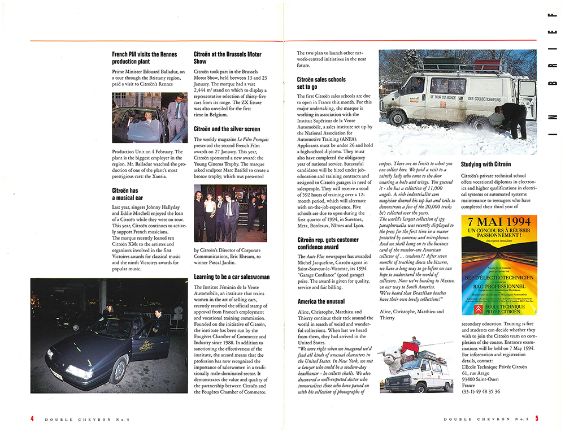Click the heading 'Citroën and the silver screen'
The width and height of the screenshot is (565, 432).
pyautogui.click(x=227, y=129)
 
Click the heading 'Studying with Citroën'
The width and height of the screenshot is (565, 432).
pyautogui.click(x=486, y=165)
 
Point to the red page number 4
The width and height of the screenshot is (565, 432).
pyautogui.click(x=32, y=418)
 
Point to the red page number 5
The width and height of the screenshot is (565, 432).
pyautogui.click(x=537, y=418)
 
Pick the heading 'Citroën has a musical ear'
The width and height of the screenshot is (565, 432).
pyautogui.click(x=125, y=195)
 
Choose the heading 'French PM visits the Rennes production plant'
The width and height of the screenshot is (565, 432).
pyautogui.click(x=144, y=58)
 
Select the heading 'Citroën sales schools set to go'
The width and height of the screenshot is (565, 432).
pyautogui.click(x=321, y=84)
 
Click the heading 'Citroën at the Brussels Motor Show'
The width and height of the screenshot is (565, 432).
pyautogui.click(x=227, y=58)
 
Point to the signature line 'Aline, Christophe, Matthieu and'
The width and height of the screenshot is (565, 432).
pyautogui.click(x=412, y=312)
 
